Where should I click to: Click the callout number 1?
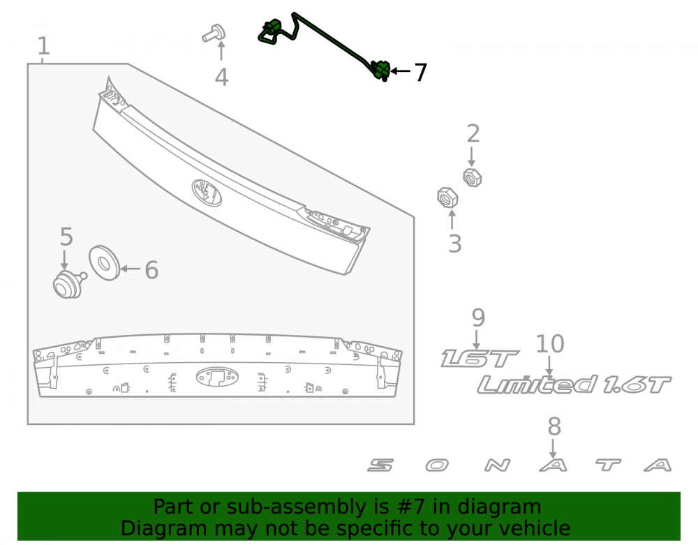click(x=43, y=46)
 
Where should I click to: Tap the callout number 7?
click(x=421, y=72)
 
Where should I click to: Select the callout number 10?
click(x=550, y=344)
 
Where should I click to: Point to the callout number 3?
click(x=454, y=244)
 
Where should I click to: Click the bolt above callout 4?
click(x=214, y=33)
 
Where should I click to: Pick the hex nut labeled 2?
click(x=473, y=177)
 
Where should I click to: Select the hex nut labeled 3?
click(x=447, y=197)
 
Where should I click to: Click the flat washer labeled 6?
click(x=104, y=263)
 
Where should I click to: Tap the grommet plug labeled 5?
click(x=69, y=284)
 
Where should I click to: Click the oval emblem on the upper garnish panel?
click(x=207, y=193)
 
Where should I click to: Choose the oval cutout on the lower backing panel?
click(x=217, y=377)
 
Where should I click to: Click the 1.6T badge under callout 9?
click(x=480, y=359)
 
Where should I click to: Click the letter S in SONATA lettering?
click(x=380, y=465)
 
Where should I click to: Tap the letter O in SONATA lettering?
click(x=437, y=465)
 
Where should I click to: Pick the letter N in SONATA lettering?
click(x=497, y=465)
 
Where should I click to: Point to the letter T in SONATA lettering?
click(x=609, y=465)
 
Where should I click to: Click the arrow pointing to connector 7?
click(x=400, y=70)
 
